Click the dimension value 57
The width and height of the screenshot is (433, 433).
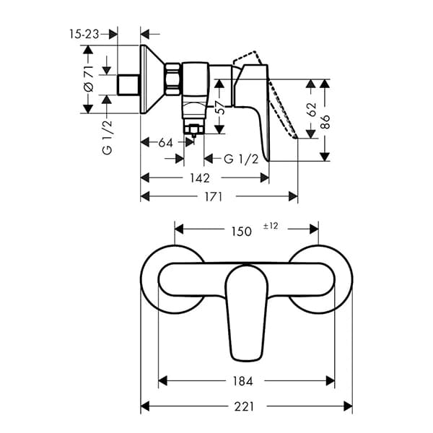219,109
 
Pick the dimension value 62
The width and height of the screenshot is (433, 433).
311,110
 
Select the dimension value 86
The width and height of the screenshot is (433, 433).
325,120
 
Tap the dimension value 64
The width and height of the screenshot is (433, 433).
166,143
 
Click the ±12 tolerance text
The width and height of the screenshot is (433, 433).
271,227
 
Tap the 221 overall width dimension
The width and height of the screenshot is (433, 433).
245,406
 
